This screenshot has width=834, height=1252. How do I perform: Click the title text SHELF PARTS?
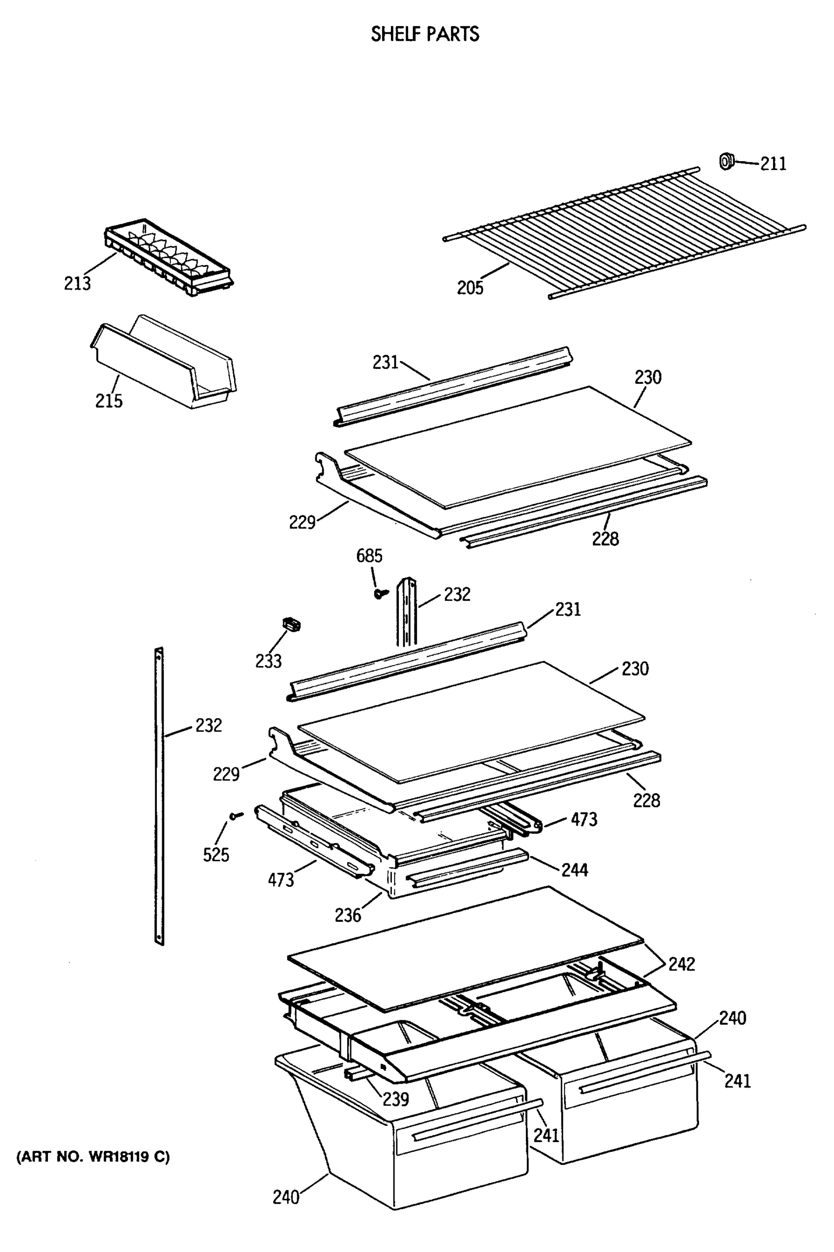(424, 34)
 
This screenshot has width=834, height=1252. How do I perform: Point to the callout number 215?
(108, 400)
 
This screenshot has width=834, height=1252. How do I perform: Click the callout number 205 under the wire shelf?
(470, 287)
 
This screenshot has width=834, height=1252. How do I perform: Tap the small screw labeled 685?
(381, 593)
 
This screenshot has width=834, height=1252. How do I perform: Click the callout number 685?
(369, 556)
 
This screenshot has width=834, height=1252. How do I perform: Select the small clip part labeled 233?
(291, 624)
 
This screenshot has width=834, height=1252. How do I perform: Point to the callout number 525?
(216, 855)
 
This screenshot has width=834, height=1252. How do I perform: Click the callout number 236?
(348, 915)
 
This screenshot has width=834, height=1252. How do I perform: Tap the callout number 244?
(575, 870)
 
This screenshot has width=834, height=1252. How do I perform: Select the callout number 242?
(681, 964)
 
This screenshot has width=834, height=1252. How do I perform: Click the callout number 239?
(396, 1099)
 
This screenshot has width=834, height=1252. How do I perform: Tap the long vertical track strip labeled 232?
(159, 799)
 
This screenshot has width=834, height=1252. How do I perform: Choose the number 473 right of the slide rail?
(583, 819)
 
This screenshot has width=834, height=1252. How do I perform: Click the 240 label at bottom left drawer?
(286, 1197)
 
